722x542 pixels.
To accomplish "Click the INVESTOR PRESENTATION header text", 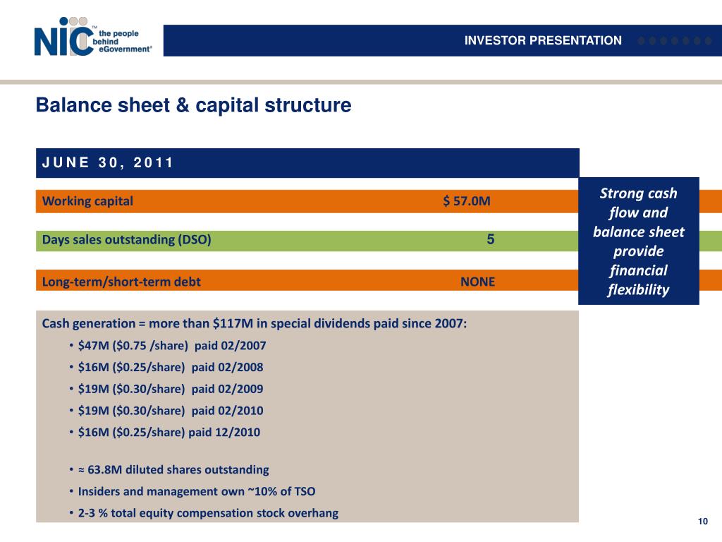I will [543, 41].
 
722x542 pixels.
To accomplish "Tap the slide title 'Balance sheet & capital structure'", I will [193, 106].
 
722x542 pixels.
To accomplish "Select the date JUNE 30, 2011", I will [107, 163].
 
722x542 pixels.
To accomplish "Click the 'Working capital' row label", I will [87, 201].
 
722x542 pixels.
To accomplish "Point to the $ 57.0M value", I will [467, 201].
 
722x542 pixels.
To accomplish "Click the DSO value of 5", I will [491, 239].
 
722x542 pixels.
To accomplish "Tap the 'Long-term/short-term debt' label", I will [121, 282].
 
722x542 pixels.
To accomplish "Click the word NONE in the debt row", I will [477, 282].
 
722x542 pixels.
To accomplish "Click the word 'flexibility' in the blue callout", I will [638, 290].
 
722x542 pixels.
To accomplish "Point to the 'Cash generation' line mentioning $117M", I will [255, 323].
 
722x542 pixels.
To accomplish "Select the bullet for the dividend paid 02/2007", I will [172, 345].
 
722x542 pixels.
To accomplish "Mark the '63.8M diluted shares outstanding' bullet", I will [173, 469].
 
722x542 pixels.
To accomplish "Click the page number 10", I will [702, 522].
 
